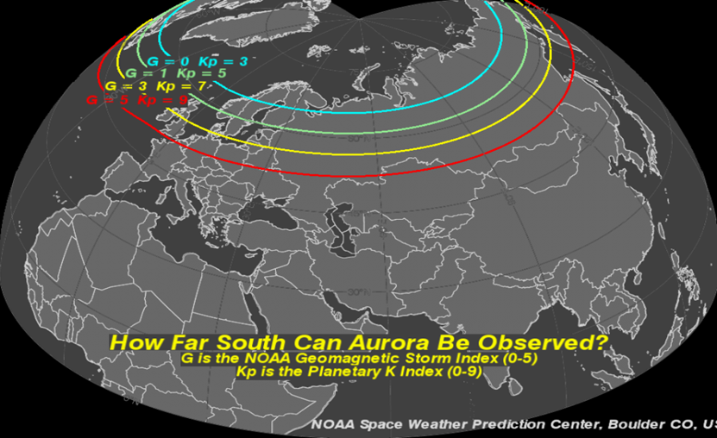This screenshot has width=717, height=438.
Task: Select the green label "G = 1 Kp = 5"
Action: coord(174,74)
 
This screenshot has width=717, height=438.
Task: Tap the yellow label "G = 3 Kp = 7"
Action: coord(155,87)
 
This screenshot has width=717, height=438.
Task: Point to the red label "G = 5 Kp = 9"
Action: coord(135,101)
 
